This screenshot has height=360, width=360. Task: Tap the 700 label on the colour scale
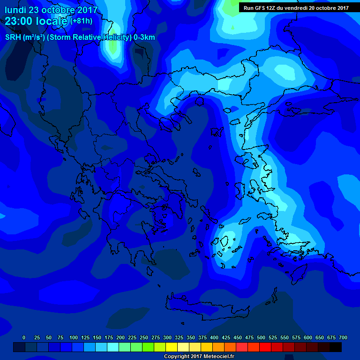point(343,337)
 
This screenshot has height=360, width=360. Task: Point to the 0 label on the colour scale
point(24,337)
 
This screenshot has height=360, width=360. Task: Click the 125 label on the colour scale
point(85,337)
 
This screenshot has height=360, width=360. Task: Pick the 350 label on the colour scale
point(191,337)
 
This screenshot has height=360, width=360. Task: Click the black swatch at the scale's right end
point(336,347)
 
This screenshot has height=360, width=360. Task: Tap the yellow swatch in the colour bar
point(172,347)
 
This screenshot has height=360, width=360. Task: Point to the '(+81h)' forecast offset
point(81,21)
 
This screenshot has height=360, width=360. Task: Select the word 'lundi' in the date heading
point(15,10)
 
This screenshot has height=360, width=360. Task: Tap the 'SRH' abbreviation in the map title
point(13,37)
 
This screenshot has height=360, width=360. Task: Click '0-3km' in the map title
point(144,37)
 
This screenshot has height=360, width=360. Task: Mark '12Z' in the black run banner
point(275,8)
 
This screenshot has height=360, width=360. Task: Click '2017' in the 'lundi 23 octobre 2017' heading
point(87,10)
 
